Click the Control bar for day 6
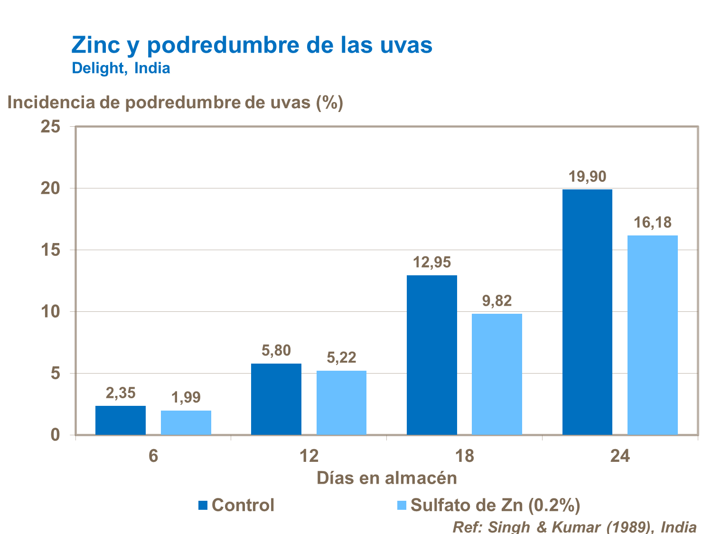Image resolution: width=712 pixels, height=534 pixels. point(121,420)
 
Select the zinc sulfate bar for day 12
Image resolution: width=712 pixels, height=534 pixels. point(341,403)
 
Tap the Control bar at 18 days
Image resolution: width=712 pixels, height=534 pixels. point(432,355)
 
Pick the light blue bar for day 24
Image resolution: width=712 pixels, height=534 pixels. point(653,335)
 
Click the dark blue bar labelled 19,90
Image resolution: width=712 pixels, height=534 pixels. point(587,312)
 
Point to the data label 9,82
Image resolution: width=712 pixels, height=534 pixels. point(497,301)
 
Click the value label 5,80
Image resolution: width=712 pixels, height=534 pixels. point(276,351)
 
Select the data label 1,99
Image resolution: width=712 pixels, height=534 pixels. point(186,397)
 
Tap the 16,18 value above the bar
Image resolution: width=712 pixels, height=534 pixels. point(653,222)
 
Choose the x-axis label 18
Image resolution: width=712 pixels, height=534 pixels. point(464,456)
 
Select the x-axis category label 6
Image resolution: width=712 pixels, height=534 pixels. point(153,456)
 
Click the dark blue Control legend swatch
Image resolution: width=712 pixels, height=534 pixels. point(203,505)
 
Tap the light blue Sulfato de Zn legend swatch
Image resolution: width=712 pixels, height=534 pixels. point(402,505)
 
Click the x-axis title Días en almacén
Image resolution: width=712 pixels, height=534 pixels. point(387,478)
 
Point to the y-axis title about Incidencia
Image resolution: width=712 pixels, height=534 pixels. point(175,102)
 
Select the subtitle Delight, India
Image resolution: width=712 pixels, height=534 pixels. point(121,68)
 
